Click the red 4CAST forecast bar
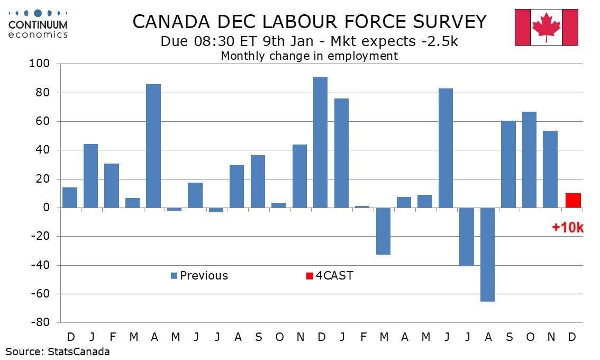tap(573, 201)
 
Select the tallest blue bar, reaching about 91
tap(321, 142)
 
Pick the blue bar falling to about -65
tap(487, 254)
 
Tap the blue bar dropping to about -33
tap(383, 231)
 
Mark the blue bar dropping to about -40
tap(467, 237)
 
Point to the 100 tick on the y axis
tap(41, 64)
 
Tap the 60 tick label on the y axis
tap(43, 122)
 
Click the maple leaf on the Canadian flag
tap(546, 26)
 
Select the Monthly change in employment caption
tap(309, 56)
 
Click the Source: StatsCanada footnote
tap(58, 351)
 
